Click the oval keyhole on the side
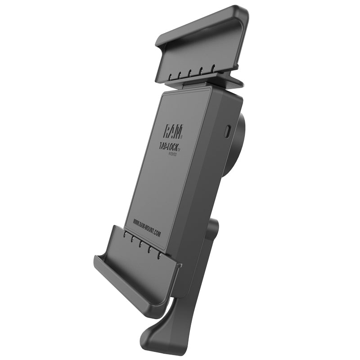point(227,131)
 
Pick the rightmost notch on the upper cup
point(214,68)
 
